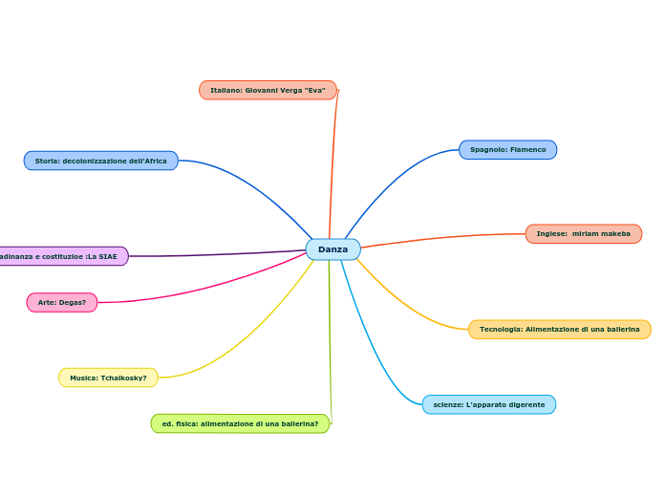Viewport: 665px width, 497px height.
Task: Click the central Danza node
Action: pos(332,249)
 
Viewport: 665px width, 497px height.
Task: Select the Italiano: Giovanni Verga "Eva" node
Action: pos(268,90)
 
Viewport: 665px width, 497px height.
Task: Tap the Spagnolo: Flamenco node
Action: pos(507,150)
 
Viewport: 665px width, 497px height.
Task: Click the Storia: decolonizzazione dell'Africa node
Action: pos(100,161)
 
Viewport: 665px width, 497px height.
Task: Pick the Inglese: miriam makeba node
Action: pos(583,234)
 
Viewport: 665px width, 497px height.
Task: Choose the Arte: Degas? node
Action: pos(62,303)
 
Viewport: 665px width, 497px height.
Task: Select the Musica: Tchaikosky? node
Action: pos(108,378)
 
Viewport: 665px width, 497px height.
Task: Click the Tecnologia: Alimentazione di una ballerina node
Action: pos(559,330)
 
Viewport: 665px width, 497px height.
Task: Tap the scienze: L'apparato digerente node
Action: pos(488,405)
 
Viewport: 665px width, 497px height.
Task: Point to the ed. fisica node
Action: pos(240,423)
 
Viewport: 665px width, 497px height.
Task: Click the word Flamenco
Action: pos(527,150)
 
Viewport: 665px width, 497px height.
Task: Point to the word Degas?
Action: pos(73,303)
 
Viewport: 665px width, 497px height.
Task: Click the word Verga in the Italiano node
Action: pos(290,90)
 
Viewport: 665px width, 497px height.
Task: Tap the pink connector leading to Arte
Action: pos(210,287)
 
